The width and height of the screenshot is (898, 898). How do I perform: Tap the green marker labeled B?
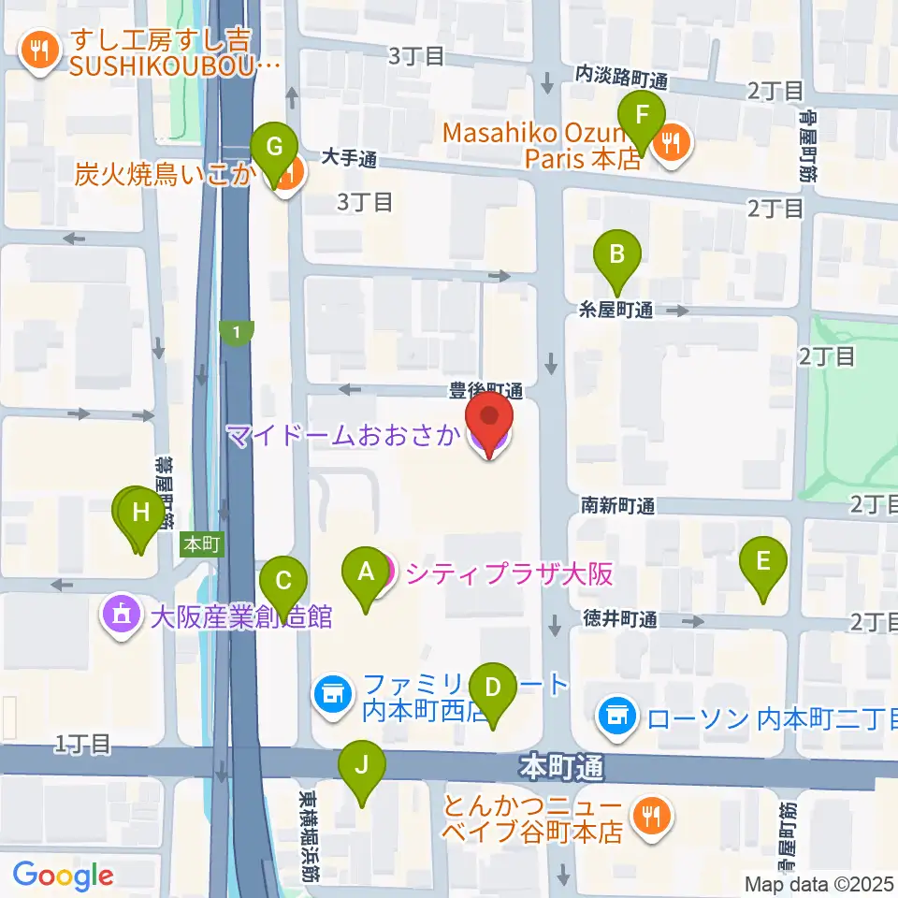pyautogui.click(x=617, y=256)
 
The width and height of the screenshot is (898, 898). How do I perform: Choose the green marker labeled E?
pyautogui.click(x=763, y=564)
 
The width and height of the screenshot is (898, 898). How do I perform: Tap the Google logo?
pyautogui.click(x=63, y=876)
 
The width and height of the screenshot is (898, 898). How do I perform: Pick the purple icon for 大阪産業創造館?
pyautogui.click(x=122, y=617)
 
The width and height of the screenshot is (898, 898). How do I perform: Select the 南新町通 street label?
pyautogui.click(x=616, y=506)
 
